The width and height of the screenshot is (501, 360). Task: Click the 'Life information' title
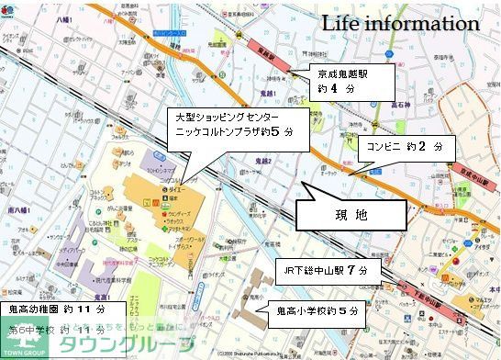[399, 24]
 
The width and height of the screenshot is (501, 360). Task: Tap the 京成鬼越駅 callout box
[352, 81]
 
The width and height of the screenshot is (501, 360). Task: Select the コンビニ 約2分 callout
[404, 146]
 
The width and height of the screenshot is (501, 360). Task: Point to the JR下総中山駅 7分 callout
[327, 271]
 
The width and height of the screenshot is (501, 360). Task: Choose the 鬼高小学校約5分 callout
[316, 312]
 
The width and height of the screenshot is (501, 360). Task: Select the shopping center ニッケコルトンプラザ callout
[234, 125]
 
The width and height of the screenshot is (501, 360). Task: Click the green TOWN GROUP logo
[24, 341]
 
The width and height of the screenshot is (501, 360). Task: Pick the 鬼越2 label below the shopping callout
[263, 161]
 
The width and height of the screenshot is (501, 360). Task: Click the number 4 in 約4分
[336, 89]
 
